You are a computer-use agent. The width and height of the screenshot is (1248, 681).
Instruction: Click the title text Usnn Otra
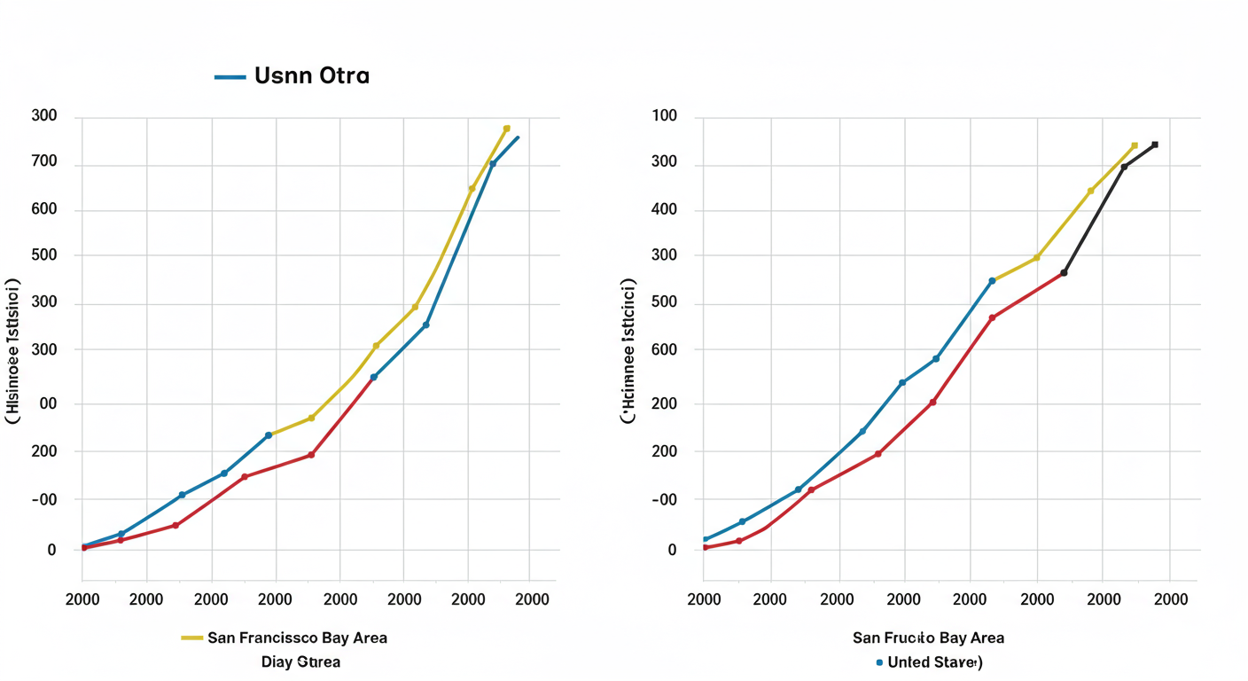tap(311, 76)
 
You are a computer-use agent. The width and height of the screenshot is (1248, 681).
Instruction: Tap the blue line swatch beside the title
tap(230, 77)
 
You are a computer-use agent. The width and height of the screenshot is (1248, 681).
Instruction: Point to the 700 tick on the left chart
tap(43, 162)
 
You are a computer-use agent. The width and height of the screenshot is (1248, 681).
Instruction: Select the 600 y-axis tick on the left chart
tap(43, 210)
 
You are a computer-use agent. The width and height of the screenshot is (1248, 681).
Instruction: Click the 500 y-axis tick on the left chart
tap(43, 255)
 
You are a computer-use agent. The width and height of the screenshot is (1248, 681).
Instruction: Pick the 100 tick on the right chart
tap(664, 116)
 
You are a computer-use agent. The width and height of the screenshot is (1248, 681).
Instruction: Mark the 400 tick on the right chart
tap(664, 210)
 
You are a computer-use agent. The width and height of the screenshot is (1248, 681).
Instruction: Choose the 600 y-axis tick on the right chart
tap(664, 349)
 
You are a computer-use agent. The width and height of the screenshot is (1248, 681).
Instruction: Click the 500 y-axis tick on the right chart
tap(664, 302)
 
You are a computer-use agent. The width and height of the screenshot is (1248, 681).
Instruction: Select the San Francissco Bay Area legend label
tap(297, 638)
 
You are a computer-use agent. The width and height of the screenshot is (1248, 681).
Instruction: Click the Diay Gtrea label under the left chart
tap(300, 661)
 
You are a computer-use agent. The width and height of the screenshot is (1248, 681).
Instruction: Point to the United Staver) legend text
tap(935, 662)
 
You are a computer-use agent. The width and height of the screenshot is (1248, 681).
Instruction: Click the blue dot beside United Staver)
tap(878, 662)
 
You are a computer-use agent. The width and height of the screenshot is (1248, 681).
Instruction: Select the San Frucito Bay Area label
tap(928, 638)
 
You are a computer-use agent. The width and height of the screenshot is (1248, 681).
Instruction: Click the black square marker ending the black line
tap(1154, 145)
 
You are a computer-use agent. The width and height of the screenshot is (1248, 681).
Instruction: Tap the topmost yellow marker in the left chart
tap(506, 129)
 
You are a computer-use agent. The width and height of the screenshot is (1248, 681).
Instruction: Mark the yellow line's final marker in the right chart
tap(1134, 146)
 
